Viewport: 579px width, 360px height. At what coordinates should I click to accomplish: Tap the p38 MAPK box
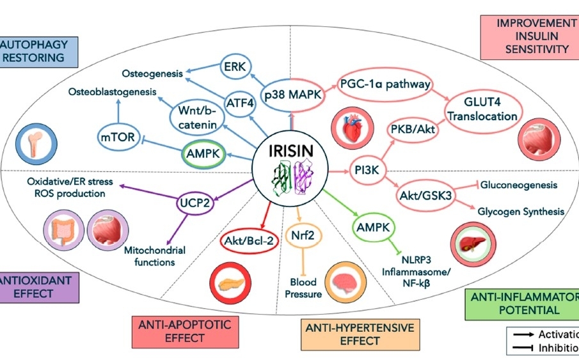pyautogui.click(x=291, y=95)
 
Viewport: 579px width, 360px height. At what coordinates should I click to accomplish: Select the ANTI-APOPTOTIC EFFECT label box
pyautogui.click(x=184, y=331)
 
